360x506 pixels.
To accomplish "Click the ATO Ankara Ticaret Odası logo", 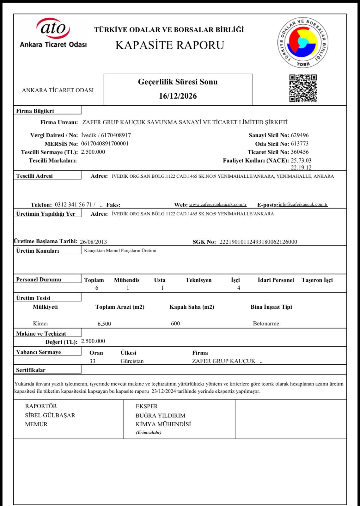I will [x=53, y=33].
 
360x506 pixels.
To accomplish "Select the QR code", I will [x=303, y=88].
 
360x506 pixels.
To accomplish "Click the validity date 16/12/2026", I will [x=178, y=96].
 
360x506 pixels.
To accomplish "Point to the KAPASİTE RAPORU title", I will [x=170, y=45].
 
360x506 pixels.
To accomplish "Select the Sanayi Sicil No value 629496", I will [x=300, y=135].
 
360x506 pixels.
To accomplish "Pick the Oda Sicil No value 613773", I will [x=300, y=144].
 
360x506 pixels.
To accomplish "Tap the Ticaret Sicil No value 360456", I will [x=300, y=152].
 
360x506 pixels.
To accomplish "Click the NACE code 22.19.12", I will [x=301, y=168].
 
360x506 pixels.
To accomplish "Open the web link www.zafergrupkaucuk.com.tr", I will [x=217, y=204].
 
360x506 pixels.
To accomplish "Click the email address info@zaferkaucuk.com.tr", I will [x=303, y=204].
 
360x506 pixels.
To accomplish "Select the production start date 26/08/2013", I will [x=93, y=242].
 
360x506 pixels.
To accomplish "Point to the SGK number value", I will [x=258, y=242].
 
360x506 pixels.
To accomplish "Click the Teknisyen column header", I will [x=198, y=280].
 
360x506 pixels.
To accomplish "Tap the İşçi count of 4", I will [x=239, y=288].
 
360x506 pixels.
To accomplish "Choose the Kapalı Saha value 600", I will [x=175, y=324].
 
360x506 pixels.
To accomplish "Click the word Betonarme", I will [x=266, y=324].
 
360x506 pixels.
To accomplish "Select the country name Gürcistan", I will [x=132, y=361].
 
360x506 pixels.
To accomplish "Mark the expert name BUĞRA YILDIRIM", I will [x=160, y=416].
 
